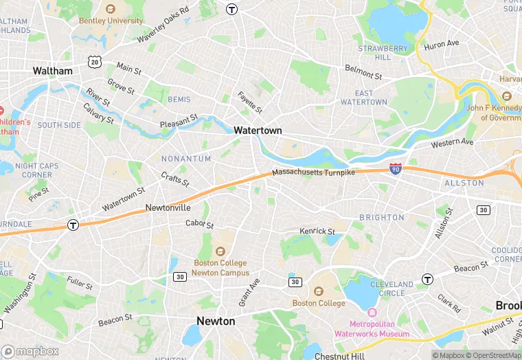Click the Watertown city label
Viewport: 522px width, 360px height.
258,130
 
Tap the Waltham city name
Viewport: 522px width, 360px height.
52,71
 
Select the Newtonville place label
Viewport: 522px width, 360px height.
168,207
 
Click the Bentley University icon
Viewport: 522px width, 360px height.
111,9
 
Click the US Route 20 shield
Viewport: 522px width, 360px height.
94,62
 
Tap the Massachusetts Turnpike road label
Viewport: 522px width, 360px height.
313,172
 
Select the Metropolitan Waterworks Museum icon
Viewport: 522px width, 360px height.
372,313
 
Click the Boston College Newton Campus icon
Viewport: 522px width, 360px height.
220,251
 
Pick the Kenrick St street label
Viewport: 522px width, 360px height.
317,232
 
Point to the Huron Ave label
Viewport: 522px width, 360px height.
442,44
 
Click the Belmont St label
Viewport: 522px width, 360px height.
363,71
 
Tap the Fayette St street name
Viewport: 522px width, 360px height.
250,103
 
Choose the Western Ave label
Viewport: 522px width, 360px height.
452,143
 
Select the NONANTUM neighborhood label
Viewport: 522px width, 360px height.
185,159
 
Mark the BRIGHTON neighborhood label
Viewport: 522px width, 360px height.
382,218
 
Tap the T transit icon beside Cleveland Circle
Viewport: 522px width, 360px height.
427,279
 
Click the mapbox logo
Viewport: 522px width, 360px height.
30,351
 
